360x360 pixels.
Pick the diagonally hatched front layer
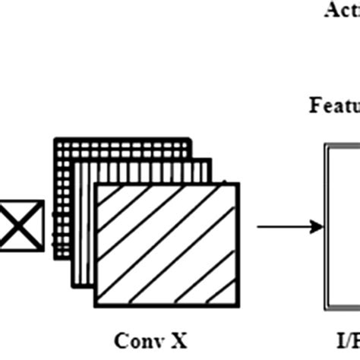point(169,242)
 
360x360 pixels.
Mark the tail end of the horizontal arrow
point(259,226)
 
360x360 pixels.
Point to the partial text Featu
point(334,105)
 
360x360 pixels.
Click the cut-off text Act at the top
point(342,11)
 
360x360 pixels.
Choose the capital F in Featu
point(314,105)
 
